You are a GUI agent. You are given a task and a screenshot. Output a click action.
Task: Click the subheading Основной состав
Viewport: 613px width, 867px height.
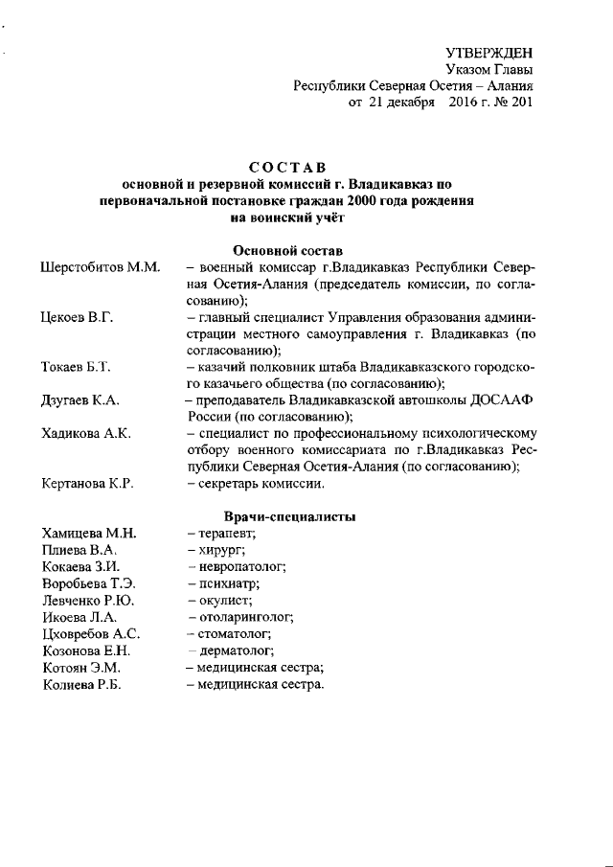(287, 249)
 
